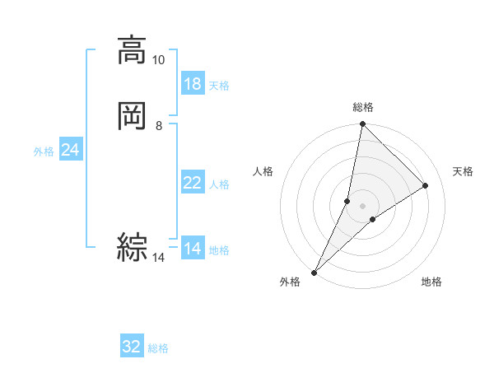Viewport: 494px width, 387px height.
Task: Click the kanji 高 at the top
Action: [132, 50]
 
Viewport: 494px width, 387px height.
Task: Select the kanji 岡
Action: [132, 115]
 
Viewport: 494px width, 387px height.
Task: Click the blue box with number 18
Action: [193, 84]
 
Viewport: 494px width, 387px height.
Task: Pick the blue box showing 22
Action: [193, 184]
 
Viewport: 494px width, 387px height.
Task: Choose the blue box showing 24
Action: [70, 150]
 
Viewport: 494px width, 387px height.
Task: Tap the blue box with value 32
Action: [132, 347]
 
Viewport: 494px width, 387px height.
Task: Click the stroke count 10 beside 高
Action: [159, 60]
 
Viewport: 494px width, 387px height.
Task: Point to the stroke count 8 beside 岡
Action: [159, 126]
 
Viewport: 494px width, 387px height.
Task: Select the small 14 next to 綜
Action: [159, 258]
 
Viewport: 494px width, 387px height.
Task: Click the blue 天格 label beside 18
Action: [219, 86]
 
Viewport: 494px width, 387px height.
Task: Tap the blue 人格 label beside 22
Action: [219, 184]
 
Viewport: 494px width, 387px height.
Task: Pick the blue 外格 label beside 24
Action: [44, 152]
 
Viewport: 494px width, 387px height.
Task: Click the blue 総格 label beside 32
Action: [158, 348]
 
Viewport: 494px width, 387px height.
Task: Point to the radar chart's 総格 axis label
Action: [363, 107]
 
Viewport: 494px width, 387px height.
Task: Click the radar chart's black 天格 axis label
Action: [464, 171]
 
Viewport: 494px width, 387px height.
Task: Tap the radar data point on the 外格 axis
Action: [315, 272]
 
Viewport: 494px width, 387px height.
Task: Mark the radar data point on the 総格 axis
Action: [363, 124]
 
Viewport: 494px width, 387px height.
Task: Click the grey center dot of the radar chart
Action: [363, 205]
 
